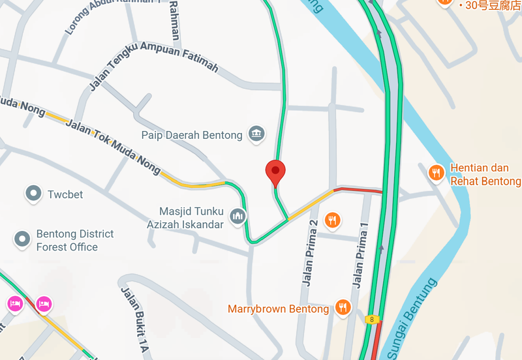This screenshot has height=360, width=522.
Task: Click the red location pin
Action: pyautogui.click(x=275, y=172)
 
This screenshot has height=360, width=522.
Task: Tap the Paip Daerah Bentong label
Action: pyautogui.click(x=192, y=135)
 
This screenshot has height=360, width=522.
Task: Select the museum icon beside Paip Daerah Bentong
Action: pyautogui.click(x=255, y=134)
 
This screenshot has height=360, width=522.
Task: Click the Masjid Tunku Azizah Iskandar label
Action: pyautogui.click(x=192, y=218)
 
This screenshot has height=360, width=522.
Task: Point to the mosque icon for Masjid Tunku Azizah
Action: pyautogui.click(x=238, y=215)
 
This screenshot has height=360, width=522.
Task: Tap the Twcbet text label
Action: pyautogui.click(x=65, y=194)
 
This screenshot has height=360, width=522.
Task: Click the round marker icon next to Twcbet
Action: pyautogui.click(x=33, y=193)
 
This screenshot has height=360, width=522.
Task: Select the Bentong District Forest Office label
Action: pyautogui.click(x=74, y=241)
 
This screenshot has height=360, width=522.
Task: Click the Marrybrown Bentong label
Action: pyautogui.click(x=278, y=309)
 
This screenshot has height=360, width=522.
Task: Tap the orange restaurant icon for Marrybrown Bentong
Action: pyautogui.click(x=343, y=307)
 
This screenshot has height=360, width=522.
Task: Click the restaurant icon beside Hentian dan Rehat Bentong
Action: pyautogui.click(x=437, y=173)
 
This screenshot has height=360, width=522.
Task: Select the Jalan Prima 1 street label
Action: pyautogui.click(x=360, y=256)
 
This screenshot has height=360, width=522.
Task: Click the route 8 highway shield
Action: pyautogui.click(x=371, y=319)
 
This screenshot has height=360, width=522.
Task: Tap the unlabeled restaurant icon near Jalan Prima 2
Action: pyautogui.click(x=333, y=220)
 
